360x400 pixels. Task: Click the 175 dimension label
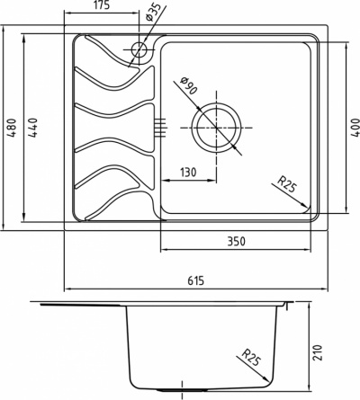103,5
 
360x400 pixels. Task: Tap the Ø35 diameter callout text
153,13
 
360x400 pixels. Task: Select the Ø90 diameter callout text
188,85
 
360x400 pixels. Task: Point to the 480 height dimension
12,128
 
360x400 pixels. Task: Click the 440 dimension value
32,128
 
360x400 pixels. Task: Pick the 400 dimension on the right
355,128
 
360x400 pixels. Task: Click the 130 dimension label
188,173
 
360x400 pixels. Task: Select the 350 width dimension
236,241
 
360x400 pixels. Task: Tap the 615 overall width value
196,280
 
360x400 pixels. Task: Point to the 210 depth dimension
319,352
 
